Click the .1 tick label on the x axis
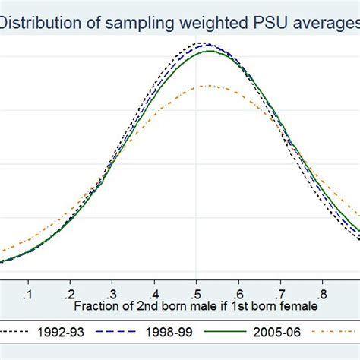pyautogui.click(x=27, y=292)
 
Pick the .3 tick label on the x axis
pyautogui.click(x=112, y=292)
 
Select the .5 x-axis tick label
pyautogui.click(x=196, y=292)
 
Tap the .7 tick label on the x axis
pyautogui.click(x=281, y=292)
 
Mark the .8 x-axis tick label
pyautogui.click(x=324, y=292)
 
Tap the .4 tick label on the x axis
pyautogui.click(x=154, y=292)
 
